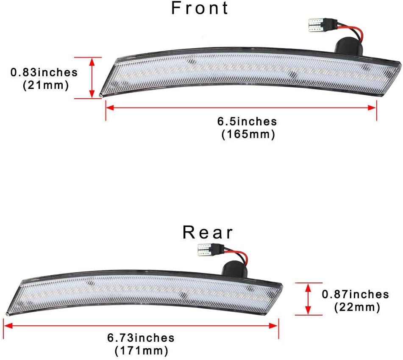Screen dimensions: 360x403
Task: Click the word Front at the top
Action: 200,8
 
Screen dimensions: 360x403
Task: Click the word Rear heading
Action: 208,233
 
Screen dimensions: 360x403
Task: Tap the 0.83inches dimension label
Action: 44,72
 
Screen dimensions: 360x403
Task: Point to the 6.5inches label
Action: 247,122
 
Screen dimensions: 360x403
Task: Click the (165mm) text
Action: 248,135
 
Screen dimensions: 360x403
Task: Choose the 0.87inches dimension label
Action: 355,294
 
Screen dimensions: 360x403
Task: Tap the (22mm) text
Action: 357,307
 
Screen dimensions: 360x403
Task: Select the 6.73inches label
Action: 141,338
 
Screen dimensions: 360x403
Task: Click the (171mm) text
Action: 141,351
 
